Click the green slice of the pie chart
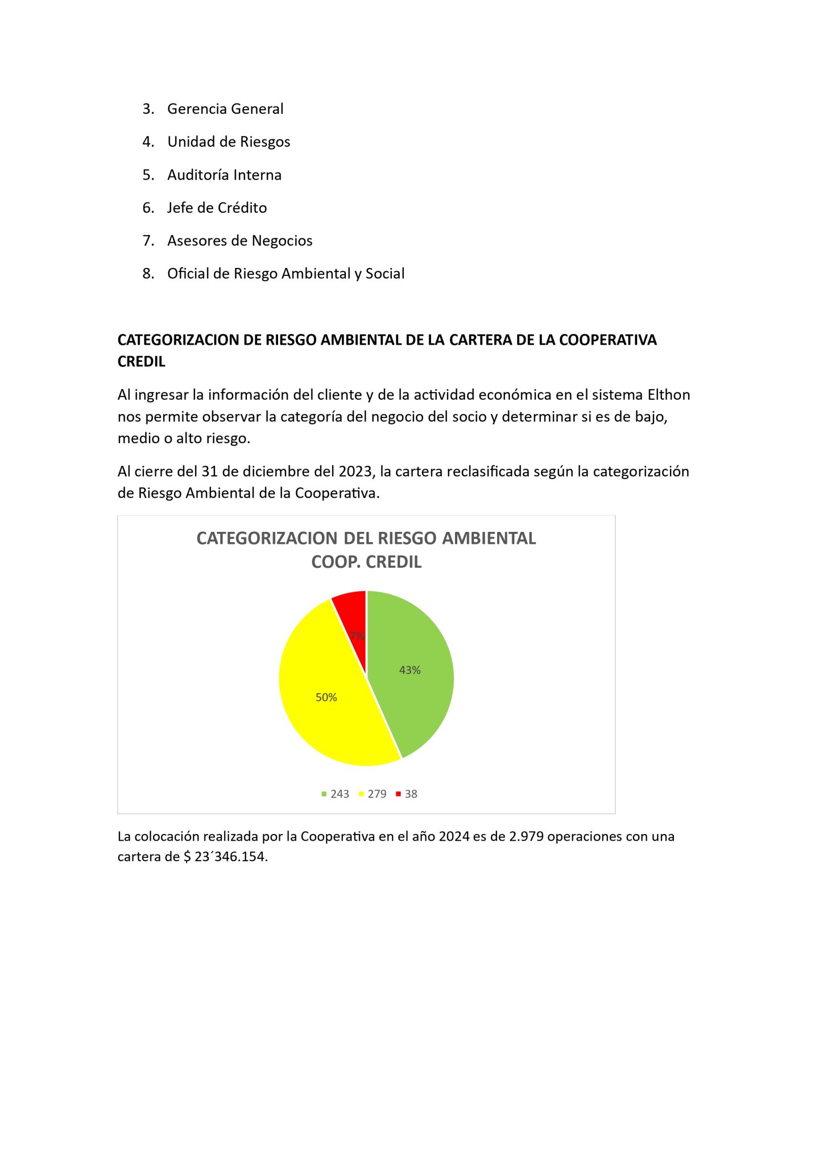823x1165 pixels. pos(415,694)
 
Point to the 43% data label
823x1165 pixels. pos(410,670)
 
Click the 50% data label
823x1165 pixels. pos(326,697)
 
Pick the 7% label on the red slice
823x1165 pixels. pos(357,636)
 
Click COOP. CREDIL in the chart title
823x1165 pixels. pos(366,562)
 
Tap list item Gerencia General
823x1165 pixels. pos(225,109)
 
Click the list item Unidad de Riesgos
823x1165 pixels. pos(229,142)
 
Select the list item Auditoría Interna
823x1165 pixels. pos(224,175)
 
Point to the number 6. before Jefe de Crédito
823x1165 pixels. pos(148,208)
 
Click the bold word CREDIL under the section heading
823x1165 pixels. pos(141,362)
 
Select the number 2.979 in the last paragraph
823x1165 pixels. pos(526,836)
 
